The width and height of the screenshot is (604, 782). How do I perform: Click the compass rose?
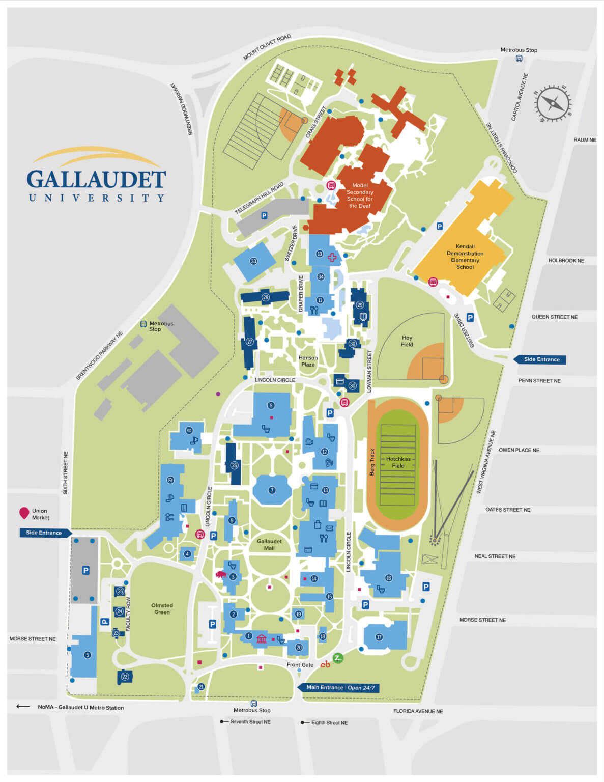pyautogui.click(x=553, y=104)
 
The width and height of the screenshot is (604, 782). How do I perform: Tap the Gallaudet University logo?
pyautogui.click(x=96, y=176)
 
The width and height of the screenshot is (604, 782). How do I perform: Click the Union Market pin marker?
pyautogui.click(x=24, y=513)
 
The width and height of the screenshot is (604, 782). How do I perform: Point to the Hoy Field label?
pyautogui.click(x=407, y=341)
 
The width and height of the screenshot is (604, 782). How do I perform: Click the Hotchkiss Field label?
pyautogui.click(x=398, y=462)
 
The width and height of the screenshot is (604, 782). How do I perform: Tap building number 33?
pyautogui.click(x=253, y=261)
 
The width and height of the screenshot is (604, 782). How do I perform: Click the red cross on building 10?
pyautogui.click(x=332, y=257)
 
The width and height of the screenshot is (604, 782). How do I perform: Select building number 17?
pyautogui.click(x=379, y=637)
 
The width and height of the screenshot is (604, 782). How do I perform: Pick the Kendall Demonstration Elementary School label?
pyautogui.click(x=465, y=257)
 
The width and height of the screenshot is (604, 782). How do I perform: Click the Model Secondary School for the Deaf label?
pyautogui.click(x=360, y=195)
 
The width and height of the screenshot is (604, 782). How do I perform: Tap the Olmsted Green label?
pyautogui.click(x=162, y=609)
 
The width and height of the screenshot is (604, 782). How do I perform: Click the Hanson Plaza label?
pyautogui.click(x=308, y=361)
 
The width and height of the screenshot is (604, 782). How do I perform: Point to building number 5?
pyautogui.click(x=87, y=655)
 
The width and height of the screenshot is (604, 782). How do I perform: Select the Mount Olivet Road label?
pyautogui.click(x=267, y=47)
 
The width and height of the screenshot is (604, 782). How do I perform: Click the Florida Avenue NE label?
pyautogui.click(x=418, y=711)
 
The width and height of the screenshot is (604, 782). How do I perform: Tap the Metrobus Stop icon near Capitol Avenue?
pyautogui.click(x=519, y=59)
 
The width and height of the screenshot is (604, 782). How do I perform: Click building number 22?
pyautogui.click(x=125, y=677)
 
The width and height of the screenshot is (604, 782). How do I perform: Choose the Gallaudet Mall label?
pyautogui.click(x=269, y=545)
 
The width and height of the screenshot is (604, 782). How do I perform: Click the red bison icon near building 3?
pyautogui.click(x=221, y=574)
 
